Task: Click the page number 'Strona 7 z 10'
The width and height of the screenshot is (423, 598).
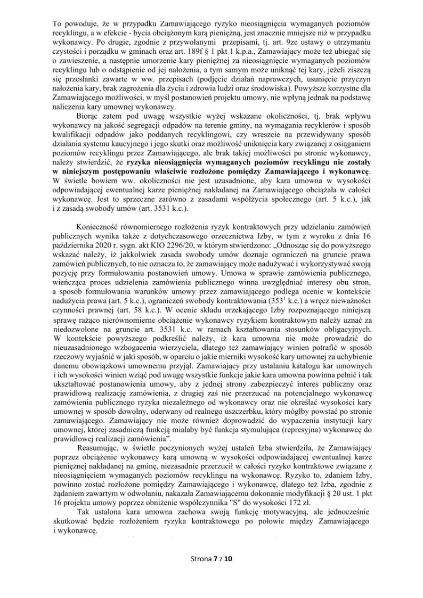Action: [211, 559]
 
